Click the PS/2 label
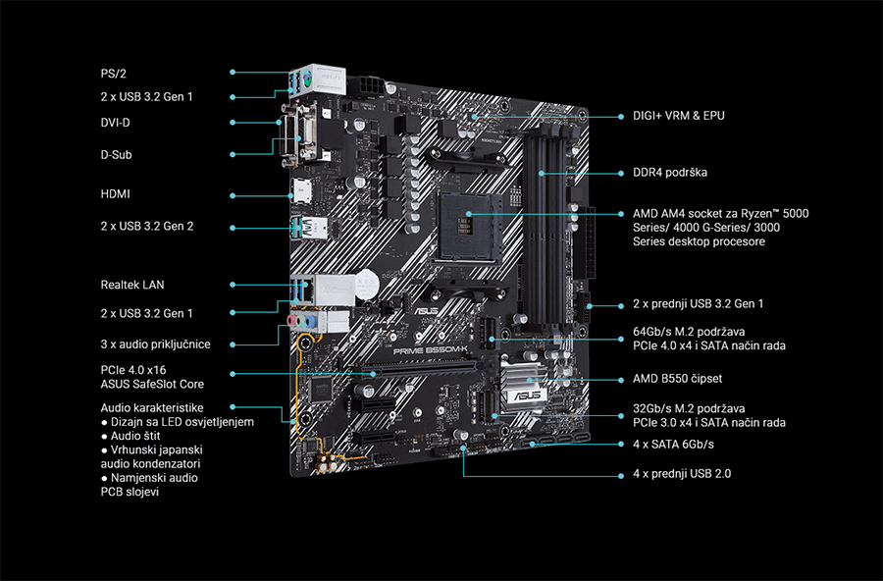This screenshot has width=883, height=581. [114, 73]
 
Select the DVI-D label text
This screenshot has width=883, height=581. [117, 123]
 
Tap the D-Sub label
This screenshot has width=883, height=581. [116, 155]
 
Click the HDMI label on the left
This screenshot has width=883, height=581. [115, 194]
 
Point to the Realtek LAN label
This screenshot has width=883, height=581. [132, 285]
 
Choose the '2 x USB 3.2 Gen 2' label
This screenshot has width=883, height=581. [147, 227]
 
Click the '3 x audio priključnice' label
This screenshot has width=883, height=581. [155, 344]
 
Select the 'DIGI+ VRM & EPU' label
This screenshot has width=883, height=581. [679, 116]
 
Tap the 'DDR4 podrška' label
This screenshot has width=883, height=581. [670, 173]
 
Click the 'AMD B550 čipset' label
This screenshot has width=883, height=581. [677, 379]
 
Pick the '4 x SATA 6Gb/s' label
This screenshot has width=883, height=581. [673, 445]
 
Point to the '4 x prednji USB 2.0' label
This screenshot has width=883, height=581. [681, 474]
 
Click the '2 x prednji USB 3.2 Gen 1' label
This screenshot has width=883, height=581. [698, 304]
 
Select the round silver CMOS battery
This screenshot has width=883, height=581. [366, 283]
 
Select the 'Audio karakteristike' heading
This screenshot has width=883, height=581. [152, 407]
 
